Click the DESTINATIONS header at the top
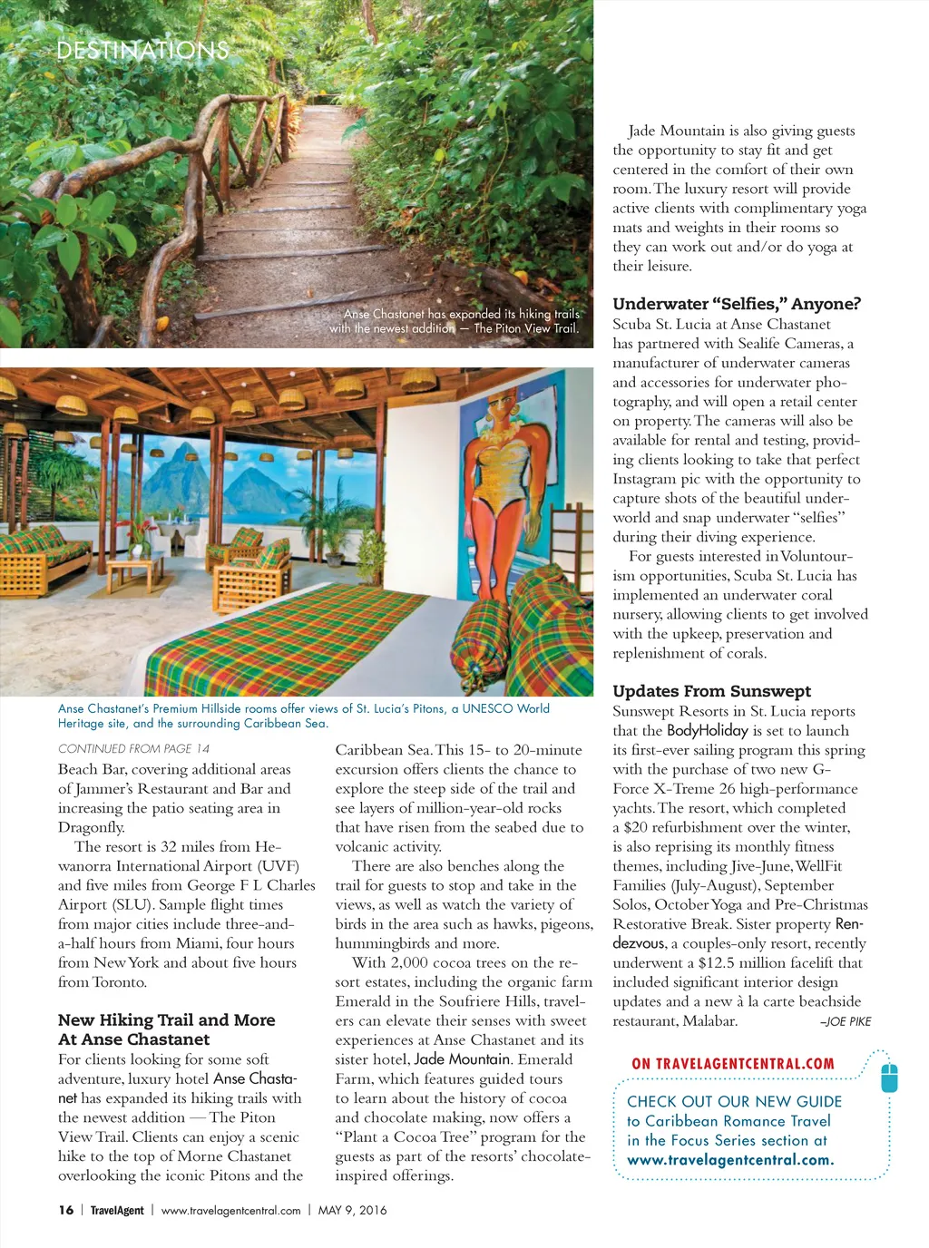coord(142,50)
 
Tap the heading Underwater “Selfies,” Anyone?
coord(736,304)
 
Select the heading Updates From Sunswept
coord(711,691)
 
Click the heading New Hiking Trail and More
coord(166,1019)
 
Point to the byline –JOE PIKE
coord(845,1021)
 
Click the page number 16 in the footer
coord(66,1210)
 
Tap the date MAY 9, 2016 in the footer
coord(352,1210)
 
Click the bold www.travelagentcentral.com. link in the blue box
coord(730,1160)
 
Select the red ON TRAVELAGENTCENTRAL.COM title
coord(733,1064)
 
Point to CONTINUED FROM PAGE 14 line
coord(133,749)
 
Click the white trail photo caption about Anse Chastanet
coord(454,321)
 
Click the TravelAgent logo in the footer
coord(117,1210)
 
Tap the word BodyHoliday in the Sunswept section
coord(708,730)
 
